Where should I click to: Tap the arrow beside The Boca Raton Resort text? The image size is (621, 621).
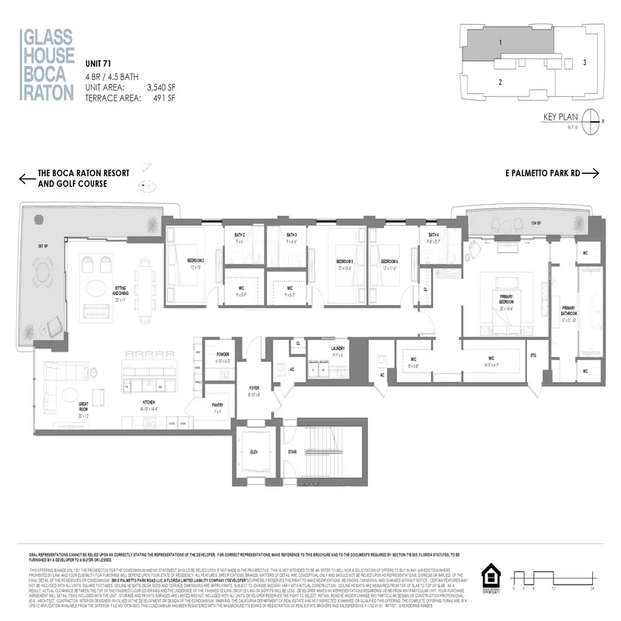(x=27, y=179)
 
